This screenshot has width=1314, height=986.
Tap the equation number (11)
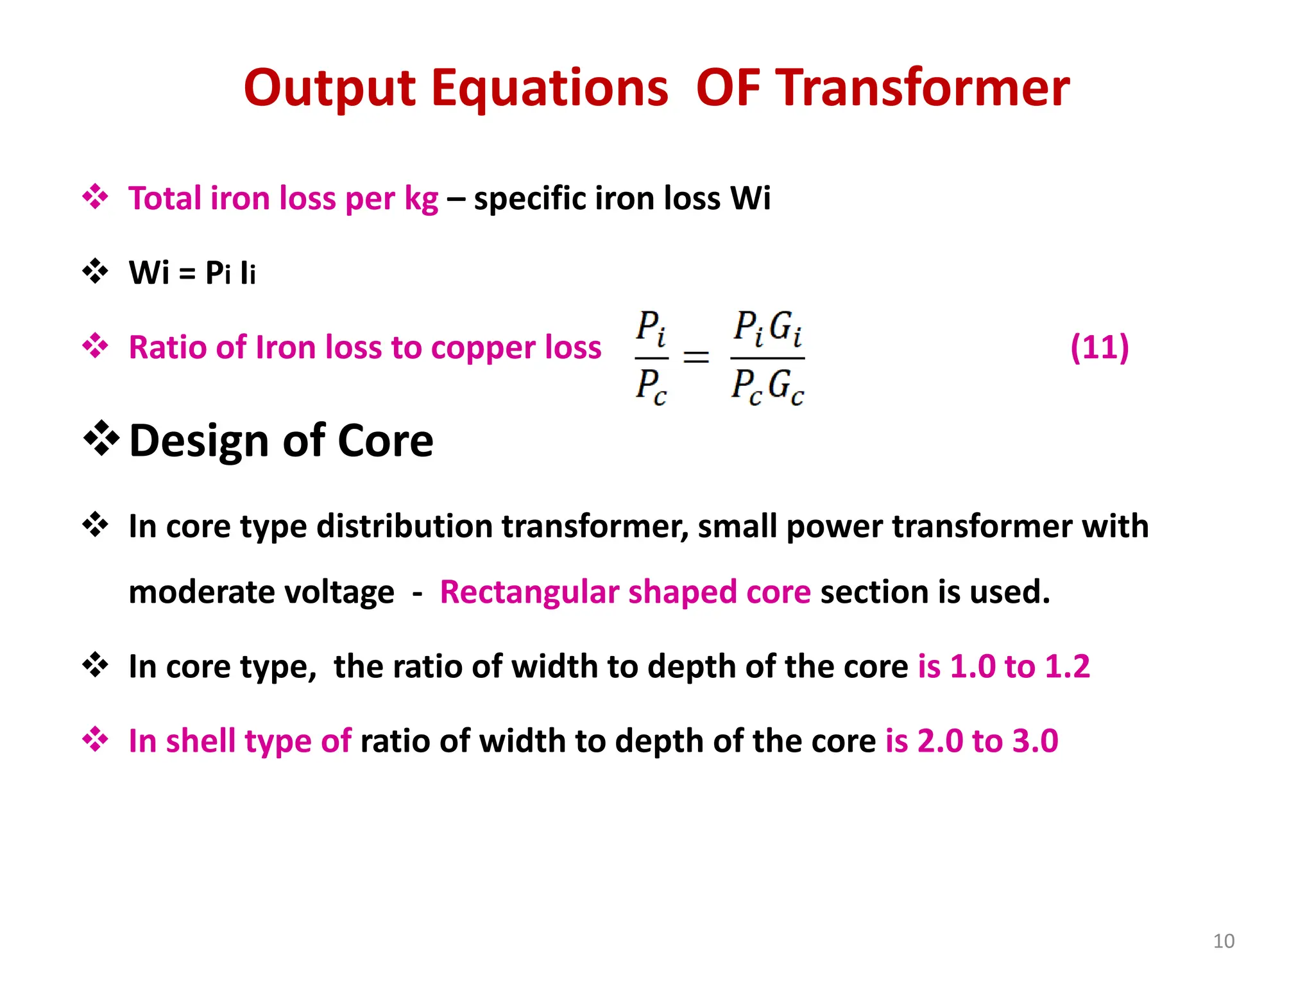pyautogui.click(x=1099, y=347)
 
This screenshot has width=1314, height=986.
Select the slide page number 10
pyautogui.click(x=1224, y=941)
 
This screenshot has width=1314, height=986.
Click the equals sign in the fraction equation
pyautogui.click(x=696, y=357)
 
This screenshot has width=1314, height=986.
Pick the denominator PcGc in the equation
pyautogui.click(x=767, y=387)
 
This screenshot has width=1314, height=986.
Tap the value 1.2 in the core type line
pyautogui.click(x=1067, y=666)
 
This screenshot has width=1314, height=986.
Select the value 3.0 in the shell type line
pyautogui.click(x=1035, y=741)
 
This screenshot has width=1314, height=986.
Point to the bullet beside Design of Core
pyautogui.click(x=101, y=439)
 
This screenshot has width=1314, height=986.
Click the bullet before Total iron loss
pyautogui.click(x=96, y=197)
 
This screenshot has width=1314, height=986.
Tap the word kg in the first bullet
pyautogui.click(x=421, y=199)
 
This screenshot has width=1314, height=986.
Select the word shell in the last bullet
pyautogui.click(x=200, y=741)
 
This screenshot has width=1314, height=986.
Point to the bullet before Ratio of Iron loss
pyautogui.click(x=96, y=347)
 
